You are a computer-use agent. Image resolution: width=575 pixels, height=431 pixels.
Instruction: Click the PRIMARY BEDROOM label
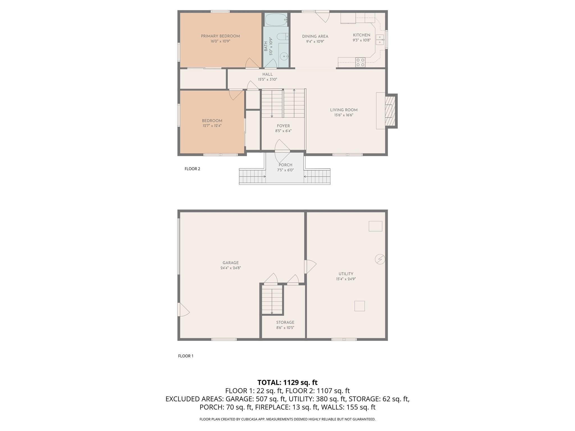[220, 36]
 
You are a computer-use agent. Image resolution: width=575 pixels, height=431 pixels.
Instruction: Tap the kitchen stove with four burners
[360, 62]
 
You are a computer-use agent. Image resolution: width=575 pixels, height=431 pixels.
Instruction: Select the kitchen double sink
[380, 40]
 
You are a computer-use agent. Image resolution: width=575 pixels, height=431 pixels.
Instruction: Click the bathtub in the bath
[276, 20]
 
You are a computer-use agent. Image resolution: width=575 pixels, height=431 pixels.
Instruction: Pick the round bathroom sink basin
[284, 56]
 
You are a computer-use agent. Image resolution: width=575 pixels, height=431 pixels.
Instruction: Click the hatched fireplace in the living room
[390, 111]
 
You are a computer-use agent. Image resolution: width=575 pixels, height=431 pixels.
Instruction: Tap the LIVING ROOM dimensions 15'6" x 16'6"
[344, 115]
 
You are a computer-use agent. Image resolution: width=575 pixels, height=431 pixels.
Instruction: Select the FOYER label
[283, 126]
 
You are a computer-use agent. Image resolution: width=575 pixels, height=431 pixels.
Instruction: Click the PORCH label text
[285, 165]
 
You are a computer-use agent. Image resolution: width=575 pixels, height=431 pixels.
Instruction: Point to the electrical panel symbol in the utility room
[380, 259]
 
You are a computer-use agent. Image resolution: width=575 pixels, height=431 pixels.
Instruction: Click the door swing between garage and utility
[310, 266]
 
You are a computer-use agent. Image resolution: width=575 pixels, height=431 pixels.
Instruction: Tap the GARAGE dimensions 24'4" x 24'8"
[231, 268]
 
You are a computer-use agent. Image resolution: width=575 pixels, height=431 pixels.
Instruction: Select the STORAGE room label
[285, 322]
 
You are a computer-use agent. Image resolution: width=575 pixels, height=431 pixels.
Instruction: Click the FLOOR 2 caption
[192, 169]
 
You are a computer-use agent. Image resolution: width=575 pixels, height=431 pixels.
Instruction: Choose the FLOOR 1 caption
[186, 356]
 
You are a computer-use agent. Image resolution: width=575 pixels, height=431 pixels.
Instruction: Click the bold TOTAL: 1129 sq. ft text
[287, 382]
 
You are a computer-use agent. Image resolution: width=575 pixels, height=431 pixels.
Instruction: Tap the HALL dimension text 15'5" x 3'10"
[267, 79]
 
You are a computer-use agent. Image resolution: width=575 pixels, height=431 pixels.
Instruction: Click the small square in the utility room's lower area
[359, 306]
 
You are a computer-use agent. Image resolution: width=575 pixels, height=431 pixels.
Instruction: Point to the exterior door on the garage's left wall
[183, 310]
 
